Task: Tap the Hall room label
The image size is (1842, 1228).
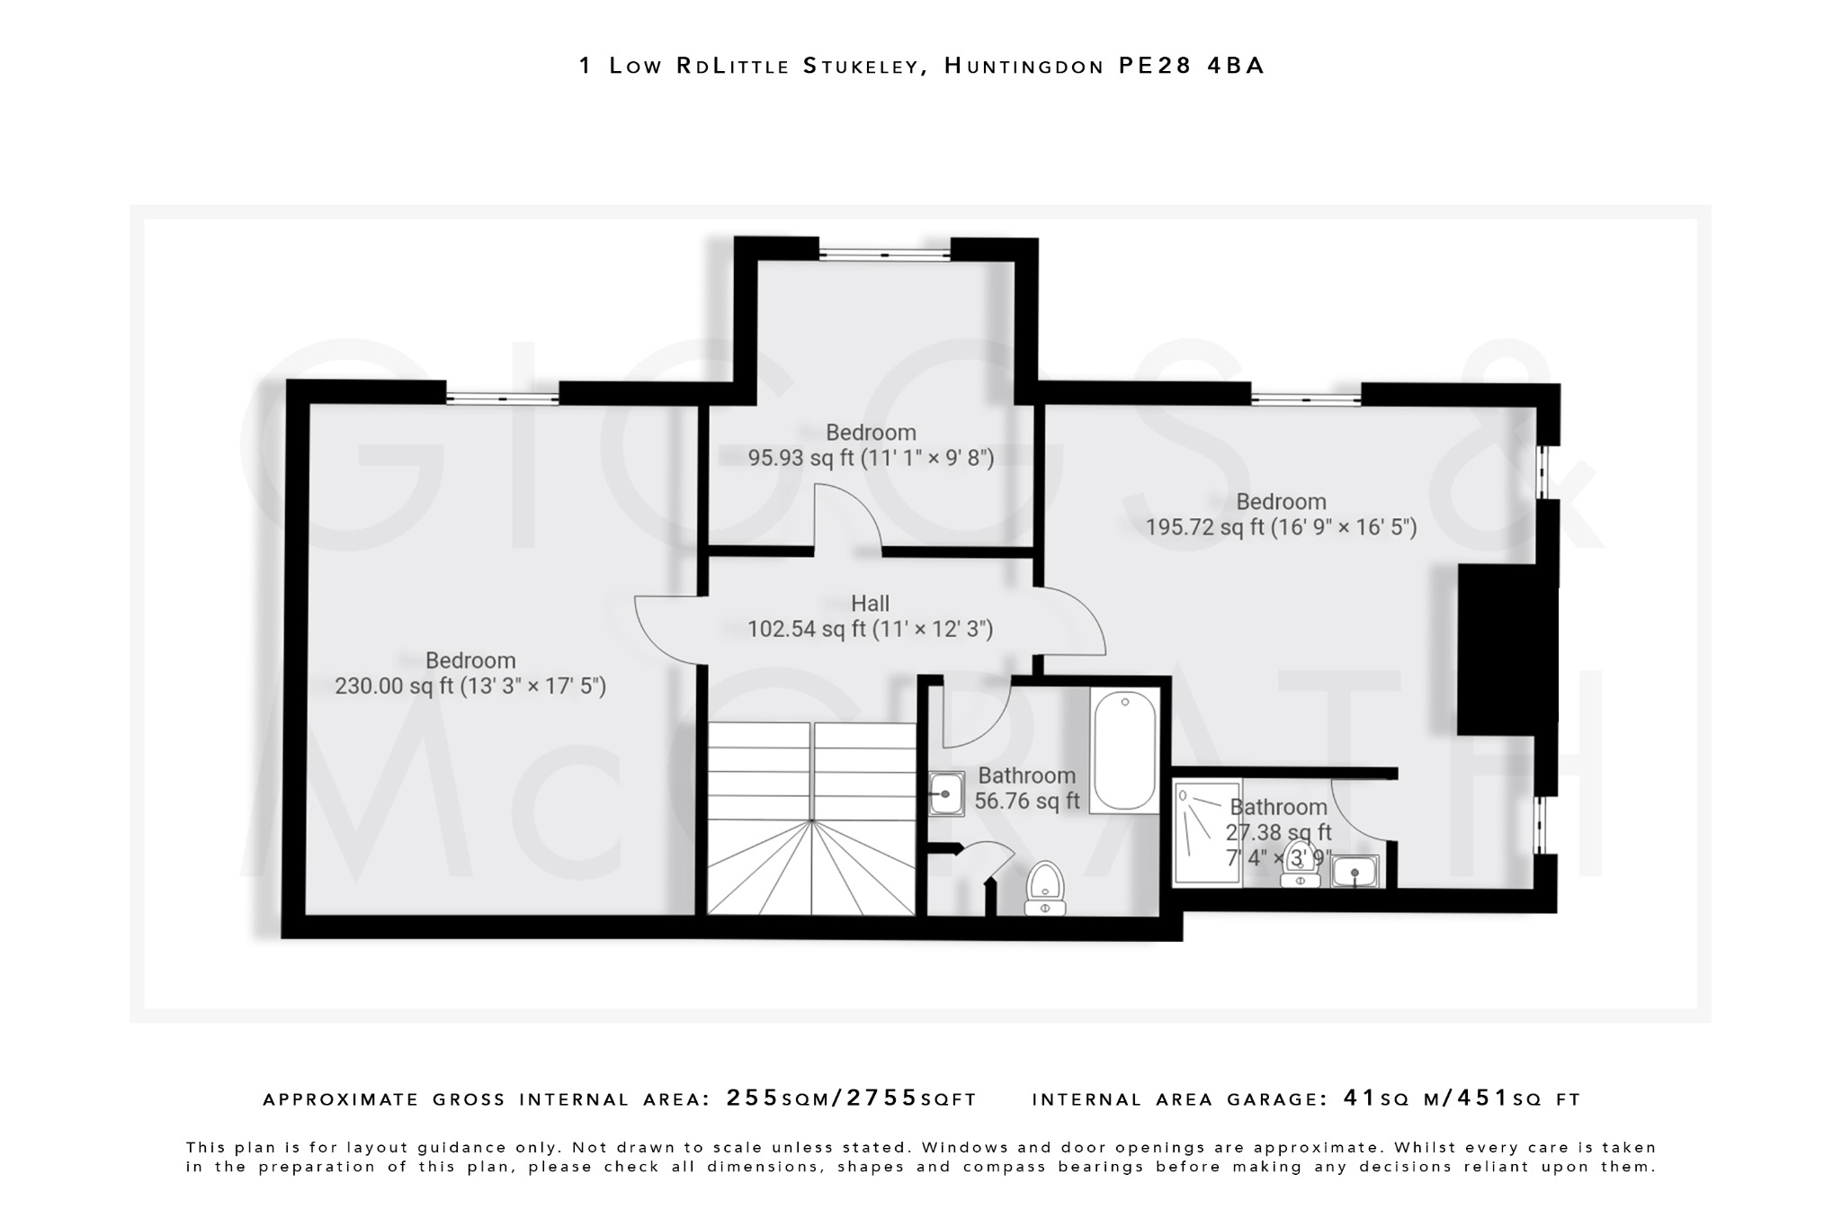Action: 870,604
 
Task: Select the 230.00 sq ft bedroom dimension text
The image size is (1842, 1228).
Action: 470,686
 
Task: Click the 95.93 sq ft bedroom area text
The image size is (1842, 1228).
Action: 871,458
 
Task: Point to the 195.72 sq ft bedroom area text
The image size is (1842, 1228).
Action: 1280,527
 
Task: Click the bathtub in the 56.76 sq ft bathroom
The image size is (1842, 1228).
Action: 1124,750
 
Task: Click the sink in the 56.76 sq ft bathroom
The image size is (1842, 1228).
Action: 946,793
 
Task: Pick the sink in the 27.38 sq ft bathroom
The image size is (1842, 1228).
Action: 1355,871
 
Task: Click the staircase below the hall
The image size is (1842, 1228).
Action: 811,819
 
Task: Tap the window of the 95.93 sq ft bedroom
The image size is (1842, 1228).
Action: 884,255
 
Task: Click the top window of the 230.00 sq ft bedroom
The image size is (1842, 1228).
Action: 502,398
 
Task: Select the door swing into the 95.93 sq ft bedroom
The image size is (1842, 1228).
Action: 847,517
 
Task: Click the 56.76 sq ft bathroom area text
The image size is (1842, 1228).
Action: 1026,801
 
